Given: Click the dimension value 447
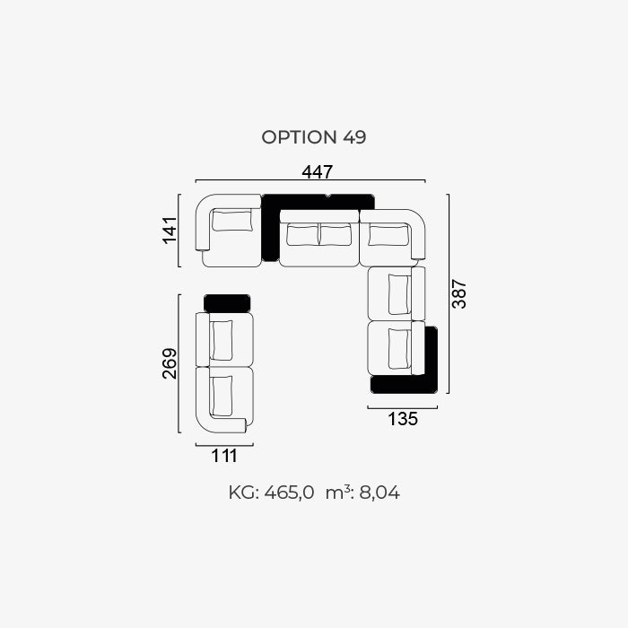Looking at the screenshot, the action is pyautogui.click(x=318, y=172).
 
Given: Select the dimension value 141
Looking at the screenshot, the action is pyautogui.click(x=170, y=230).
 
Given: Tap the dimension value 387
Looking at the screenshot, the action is pyautogui.click(x=459, y=294).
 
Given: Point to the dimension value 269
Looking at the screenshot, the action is pyautogui.click(x=170, y=363).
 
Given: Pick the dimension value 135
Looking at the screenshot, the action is pyautogui.click(x=403, y=419).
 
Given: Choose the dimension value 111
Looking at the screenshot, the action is pyautogui.click(x=224, y=456).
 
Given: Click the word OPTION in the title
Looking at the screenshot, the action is pyautogui.click(x=299, y=137).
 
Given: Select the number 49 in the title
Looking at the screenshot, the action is pyautogui.click(x=354, y=137).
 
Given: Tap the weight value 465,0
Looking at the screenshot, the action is pyautogui.click(x=289, y=493).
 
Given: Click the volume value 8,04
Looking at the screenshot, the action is pyautogui.click(x=379, y=493).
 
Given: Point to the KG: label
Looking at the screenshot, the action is pyautogui.click(x=244, y=493).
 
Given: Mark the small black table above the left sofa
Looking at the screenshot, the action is pyautogui.click(x=227, y=303).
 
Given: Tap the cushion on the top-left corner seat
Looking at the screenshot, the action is pyautogui.click(x=232, y=221).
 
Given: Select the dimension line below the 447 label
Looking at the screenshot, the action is pyautogui.click(x=310, y=180).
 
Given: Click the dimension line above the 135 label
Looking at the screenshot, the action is pyautogui.click(x=403, y=407).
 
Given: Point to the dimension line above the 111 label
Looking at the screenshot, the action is pyautogui.click(x=224, y=445).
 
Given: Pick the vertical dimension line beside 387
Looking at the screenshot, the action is pyautogui.click(x=449, y=294).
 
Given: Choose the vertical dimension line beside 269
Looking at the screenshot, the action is pyautogui.click(x=179, y=363).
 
